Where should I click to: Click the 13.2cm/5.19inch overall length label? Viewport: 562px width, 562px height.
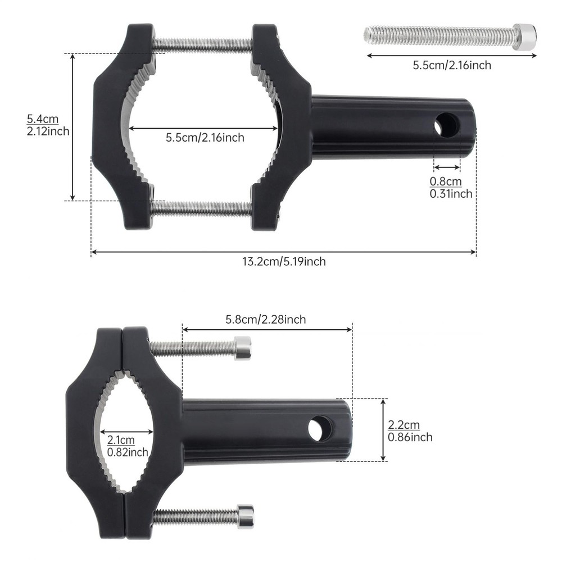click(x=284, y=261)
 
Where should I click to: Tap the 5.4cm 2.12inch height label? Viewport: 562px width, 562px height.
click(x=48, y=125)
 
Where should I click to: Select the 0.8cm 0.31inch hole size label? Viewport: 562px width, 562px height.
click(x=451, y=188)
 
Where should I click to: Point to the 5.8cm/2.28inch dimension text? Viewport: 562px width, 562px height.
click(x=265, y=320)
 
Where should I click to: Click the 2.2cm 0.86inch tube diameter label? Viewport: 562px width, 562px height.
click(x=410, y=431)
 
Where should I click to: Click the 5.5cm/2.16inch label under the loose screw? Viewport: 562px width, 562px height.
click(x=452, y=65)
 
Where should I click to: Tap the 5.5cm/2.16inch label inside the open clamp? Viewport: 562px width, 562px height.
click(x=205, y=137)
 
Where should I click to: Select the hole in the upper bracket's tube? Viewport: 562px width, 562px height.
click(x=447, y=125)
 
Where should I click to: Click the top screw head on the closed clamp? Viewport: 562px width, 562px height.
click(x=242, y=348)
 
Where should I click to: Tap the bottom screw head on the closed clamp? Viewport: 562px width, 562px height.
click(x=245, y=516)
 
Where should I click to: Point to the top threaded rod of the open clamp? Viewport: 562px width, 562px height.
click(x=202, y=44)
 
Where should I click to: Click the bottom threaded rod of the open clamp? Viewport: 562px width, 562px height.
click(x=202, y=209)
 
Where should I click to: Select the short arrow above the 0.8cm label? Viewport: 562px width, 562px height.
click(x=447, y=167)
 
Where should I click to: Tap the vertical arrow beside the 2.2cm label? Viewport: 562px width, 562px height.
click(x=383, y=430)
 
